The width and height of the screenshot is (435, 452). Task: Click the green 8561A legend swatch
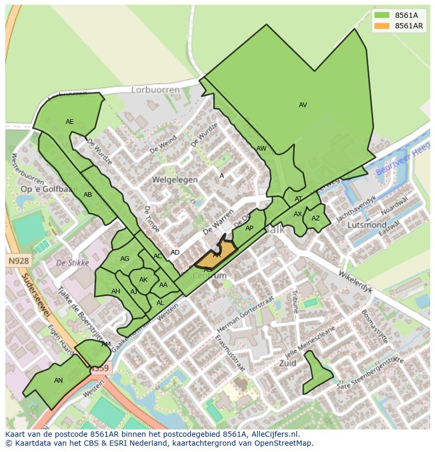[382, 15]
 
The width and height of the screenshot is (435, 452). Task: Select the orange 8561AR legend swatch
[382, 26]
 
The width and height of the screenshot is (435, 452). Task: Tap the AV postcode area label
[303, 105]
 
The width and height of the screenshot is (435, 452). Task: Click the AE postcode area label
[70, 122]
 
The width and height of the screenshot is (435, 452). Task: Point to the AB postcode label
[88, 195]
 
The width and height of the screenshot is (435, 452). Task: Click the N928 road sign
[19, 260]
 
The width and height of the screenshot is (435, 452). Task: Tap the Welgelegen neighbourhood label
[175, 180]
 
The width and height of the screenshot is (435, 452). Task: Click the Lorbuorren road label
[155, 90]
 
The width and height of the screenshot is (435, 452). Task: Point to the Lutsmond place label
[367, 225]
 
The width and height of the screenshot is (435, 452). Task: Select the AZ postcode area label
[315, 218]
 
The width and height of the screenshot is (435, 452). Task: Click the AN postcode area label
[58, 381]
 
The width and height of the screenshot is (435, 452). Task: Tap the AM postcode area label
[106, 344]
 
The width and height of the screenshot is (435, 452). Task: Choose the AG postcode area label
[125, 259]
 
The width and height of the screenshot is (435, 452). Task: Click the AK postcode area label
[143, 280]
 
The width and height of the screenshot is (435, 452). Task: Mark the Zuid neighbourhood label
[287, 363]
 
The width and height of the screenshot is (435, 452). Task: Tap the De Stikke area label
[72, 262]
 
